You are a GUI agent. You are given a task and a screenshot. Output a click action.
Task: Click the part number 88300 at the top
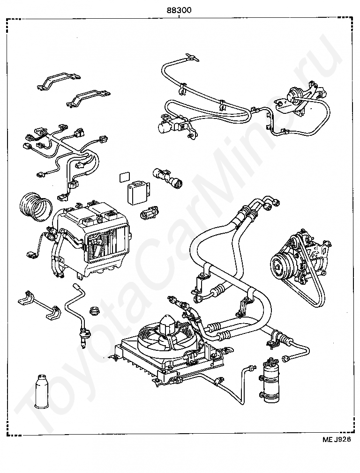[179, 10]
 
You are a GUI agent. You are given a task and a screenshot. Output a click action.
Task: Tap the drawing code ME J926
[337, 440]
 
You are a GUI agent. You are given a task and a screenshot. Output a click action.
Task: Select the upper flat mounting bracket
[59, 81]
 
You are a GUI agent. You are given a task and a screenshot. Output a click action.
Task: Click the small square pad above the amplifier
[124, 177]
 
